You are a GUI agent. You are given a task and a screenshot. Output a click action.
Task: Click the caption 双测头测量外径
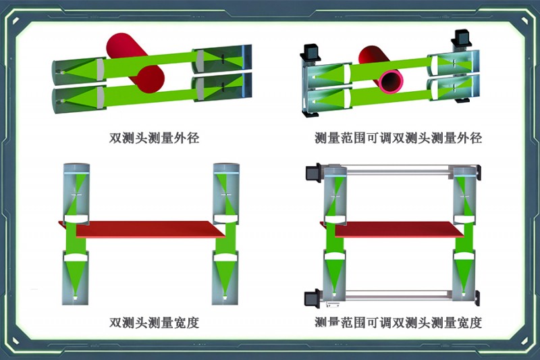(x=154, y=138)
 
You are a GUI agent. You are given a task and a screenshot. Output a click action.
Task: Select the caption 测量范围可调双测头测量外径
(x=398, y=138)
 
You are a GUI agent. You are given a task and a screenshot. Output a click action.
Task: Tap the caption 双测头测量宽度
(x=154, y=323)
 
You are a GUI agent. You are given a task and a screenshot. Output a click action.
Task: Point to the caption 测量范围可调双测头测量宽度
(x=398, y=323)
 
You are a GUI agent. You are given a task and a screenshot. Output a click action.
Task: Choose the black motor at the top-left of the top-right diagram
(x=312, y=53)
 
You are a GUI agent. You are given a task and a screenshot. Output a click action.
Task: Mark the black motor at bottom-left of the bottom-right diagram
(x=313, y=299)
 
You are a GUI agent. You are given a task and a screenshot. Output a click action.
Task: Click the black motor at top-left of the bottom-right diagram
(x=314, y=172)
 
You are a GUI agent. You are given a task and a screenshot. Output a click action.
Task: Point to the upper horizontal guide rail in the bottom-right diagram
(x=400, y=171)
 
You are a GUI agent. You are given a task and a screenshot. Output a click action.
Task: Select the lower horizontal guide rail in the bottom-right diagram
(x=400, y=295)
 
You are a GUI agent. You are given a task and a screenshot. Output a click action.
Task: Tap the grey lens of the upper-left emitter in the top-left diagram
(x=100, y=70)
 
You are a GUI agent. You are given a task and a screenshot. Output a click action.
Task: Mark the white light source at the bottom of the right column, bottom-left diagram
(x=225, y=297)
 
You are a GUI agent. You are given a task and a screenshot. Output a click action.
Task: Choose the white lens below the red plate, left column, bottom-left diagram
(x=76, y=257)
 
